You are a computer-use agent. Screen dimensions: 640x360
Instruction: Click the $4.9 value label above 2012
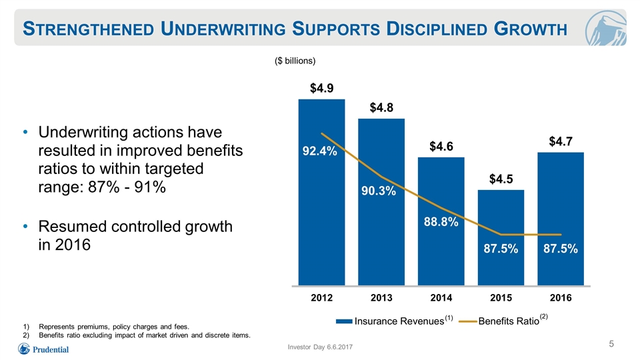pos(321,88)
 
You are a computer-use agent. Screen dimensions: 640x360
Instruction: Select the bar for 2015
pos(501,237)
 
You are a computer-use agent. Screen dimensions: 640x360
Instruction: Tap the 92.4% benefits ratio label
pos(319,151)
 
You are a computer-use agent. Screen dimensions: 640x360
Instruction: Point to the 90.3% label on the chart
pos(379,191)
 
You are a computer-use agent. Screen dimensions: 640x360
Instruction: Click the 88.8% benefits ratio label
pos(441,222)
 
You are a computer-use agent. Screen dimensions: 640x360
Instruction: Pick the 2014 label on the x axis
pos(441,297)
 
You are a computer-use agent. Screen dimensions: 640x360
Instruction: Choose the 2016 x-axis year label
pos(561,297)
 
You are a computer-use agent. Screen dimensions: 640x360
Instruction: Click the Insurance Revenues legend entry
pos(394,321)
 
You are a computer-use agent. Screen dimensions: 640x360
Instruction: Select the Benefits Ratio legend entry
pos(503,321)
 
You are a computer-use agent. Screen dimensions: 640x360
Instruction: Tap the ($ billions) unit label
pos(295,61)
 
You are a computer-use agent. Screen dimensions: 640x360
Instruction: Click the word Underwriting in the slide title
pos(223,29)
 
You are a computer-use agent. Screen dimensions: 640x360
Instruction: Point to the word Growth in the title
pos(530,29)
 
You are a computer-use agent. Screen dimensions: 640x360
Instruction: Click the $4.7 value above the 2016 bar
pos(561,141)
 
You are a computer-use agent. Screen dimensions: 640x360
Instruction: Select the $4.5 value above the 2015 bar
pos(501,179)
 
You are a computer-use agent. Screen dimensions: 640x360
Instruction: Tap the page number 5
pos(611,344)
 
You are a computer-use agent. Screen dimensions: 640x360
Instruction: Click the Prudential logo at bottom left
pos(43,349)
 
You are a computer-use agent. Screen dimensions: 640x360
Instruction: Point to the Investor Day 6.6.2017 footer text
pos(320,347)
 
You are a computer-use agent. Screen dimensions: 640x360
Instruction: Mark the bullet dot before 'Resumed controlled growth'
pos(25,226)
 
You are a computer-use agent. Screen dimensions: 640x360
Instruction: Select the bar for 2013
pos(381,202)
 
